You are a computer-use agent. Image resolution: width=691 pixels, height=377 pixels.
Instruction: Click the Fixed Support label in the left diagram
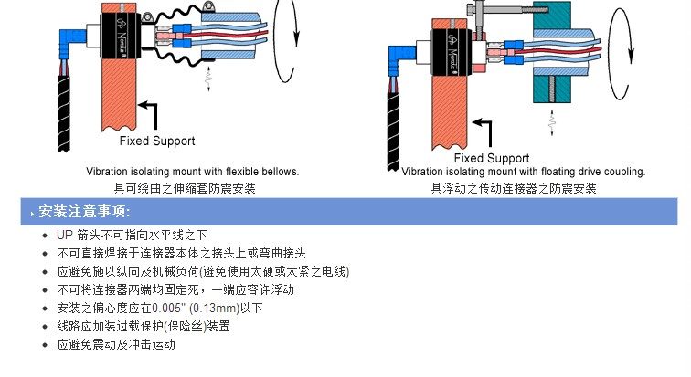157,141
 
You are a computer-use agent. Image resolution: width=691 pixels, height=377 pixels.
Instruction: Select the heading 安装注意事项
82,214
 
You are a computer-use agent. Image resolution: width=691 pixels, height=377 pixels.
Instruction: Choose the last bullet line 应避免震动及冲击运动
115,345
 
